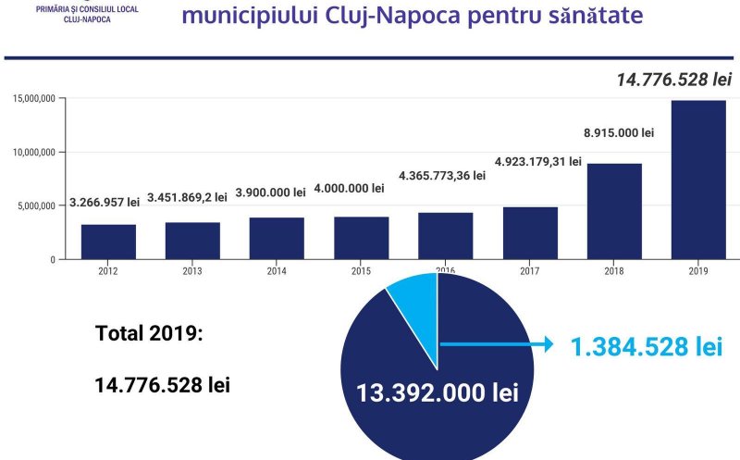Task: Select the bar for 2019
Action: [x=698, y=180]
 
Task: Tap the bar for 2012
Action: [x=108, y=242]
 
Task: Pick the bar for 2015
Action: [x=362, y=238]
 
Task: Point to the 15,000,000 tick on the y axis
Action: [x=34, y=98]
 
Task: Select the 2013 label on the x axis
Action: [x=192, y=272]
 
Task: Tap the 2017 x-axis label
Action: [x=531, y=272]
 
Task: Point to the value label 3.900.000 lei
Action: [x=270, y=193]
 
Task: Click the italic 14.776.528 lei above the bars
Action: [x=674, y=81]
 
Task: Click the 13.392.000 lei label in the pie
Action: [x=438, y=392]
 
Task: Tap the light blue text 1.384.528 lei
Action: [x=646, y=347]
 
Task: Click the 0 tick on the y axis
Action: [x=55, y=259]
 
